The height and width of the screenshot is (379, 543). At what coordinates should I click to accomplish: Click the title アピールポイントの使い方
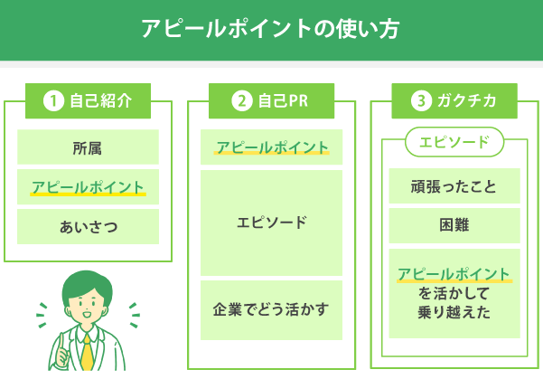point(270,29)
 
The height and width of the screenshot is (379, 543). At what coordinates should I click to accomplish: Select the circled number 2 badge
point(240,101)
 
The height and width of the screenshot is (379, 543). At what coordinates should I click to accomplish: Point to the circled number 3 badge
point(419,101)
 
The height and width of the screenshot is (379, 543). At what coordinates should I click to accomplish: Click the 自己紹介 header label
point(100,100)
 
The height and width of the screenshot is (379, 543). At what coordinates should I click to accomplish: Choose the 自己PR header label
point(283,101)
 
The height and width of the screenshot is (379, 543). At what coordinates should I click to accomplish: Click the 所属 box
point(88,147)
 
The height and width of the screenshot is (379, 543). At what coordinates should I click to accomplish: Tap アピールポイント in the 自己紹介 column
point(88,187)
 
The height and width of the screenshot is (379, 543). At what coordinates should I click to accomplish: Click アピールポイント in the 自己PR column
point(271,147)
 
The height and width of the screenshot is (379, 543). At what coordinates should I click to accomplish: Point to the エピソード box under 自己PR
point(271,223)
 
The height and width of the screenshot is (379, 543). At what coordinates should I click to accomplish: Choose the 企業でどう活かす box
point(271,309)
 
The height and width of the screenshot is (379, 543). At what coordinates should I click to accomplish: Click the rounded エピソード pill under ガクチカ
point(454,142)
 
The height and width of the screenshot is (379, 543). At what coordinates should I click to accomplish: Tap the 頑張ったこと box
point(454,187)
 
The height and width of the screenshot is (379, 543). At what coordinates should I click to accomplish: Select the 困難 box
point(454,226)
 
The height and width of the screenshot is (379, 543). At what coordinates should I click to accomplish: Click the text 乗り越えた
point(454,312)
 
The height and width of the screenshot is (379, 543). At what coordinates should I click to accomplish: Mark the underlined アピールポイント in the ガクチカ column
point(454,274)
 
